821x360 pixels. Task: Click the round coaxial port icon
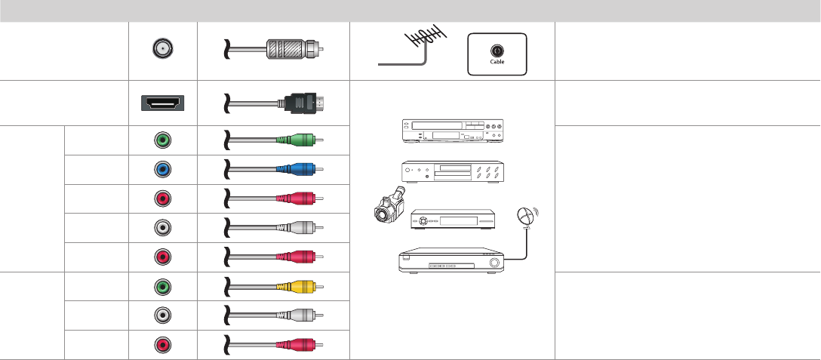(x=162, y=50)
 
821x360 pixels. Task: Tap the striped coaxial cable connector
(x=294, y=50)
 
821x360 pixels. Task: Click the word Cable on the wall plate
(x=497, y=62)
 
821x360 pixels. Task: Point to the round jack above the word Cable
(x=497, y=51)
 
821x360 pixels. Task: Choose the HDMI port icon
(x=162, y=103)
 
